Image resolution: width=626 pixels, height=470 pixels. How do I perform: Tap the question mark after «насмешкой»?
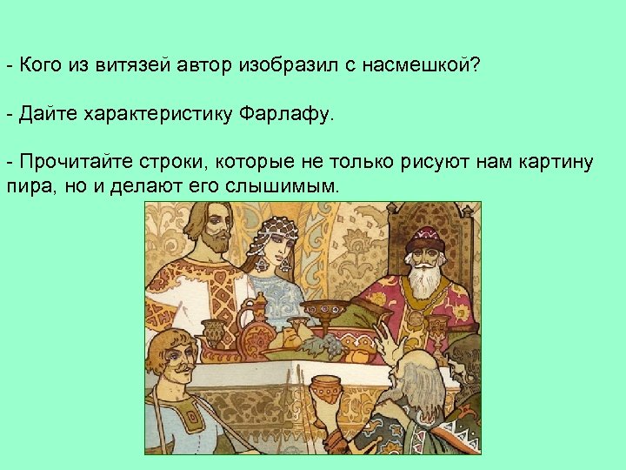pos(475,65)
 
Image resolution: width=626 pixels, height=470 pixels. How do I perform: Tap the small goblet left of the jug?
pos(214,332)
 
